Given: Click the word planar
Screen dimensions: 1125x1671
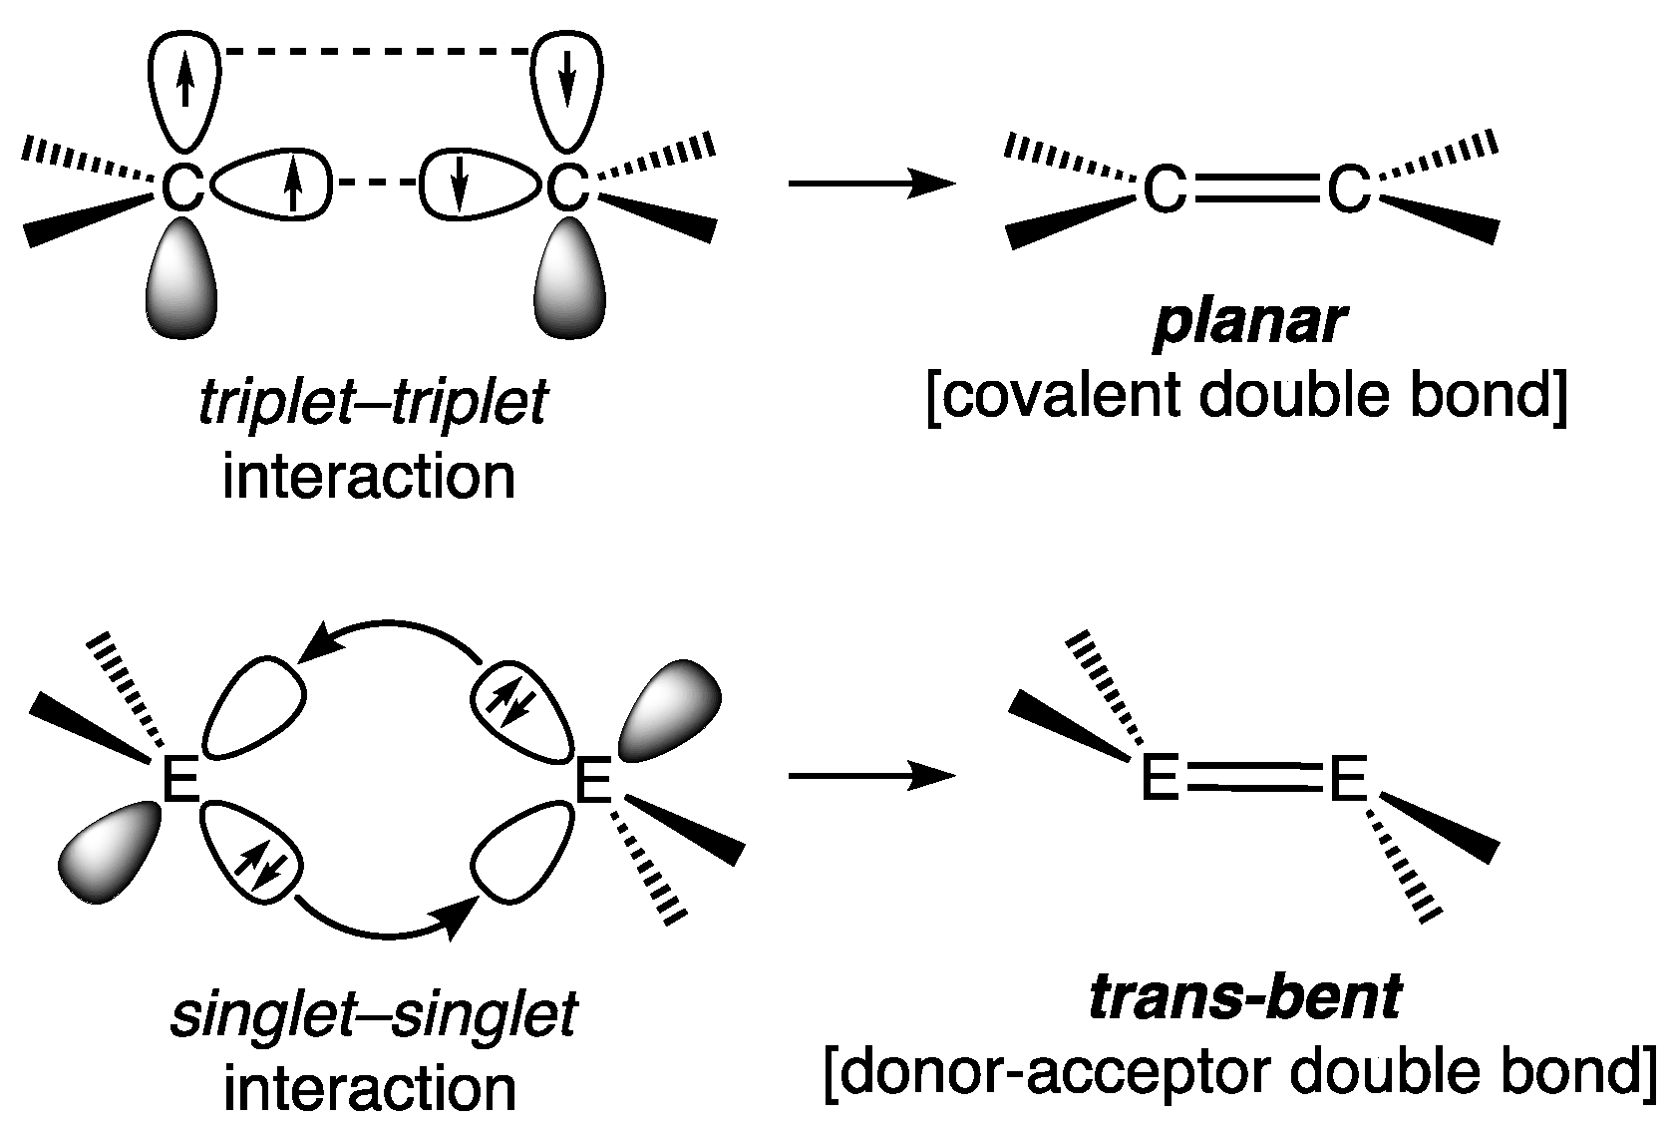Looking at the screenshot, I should click(x=1248, y=323).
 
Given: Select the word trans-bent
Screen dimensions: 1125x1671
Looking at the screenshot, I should click(x=1246, y=998).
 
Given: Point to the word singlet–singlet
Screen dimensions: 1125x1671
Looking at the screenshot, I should click(x=374, y=1016).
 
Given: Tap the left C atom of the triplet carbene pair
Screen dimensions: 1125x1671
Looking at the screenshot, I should click(x=182, y=187).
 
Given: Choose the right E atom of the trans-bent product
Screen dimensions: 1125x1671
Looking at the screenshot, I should click(x=1347, y=780).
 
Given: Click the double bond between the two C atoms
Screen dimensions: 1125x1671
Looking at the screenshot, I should click(x=1255, y=188).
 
